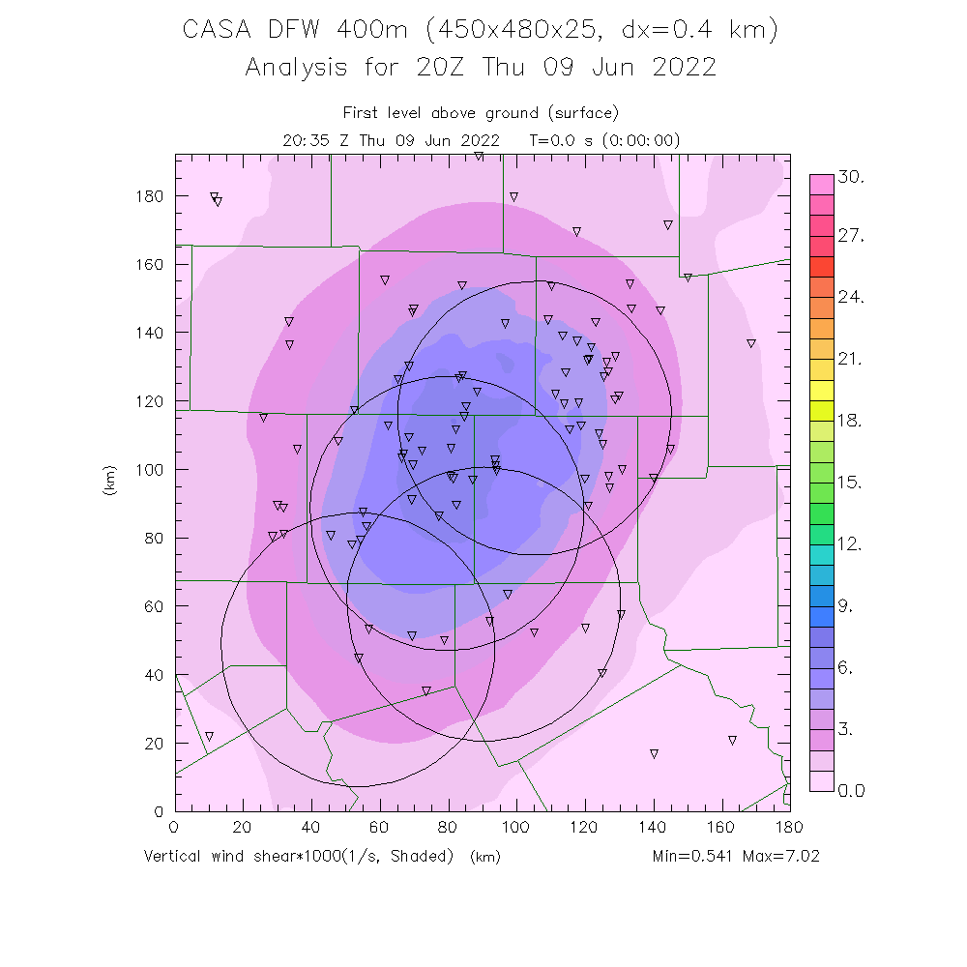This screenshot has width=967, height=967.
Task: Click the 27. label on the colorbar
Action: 852,237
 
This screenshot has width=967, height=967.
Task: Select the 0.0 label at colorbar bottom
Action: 851,791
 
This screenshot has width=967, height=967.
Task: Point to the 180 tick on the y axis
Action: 150,196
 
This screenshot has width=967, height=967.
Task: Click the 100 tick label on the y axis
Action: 150,470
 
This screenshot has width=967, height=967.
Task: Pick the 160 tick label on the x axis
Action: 721,827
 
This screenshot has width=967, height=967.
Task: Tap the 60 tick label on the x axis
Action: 379,827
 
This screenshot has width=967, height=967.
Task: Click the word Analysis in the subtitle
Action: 295,68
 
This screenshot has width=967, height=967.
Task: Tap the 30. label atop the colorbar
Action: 852,178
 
